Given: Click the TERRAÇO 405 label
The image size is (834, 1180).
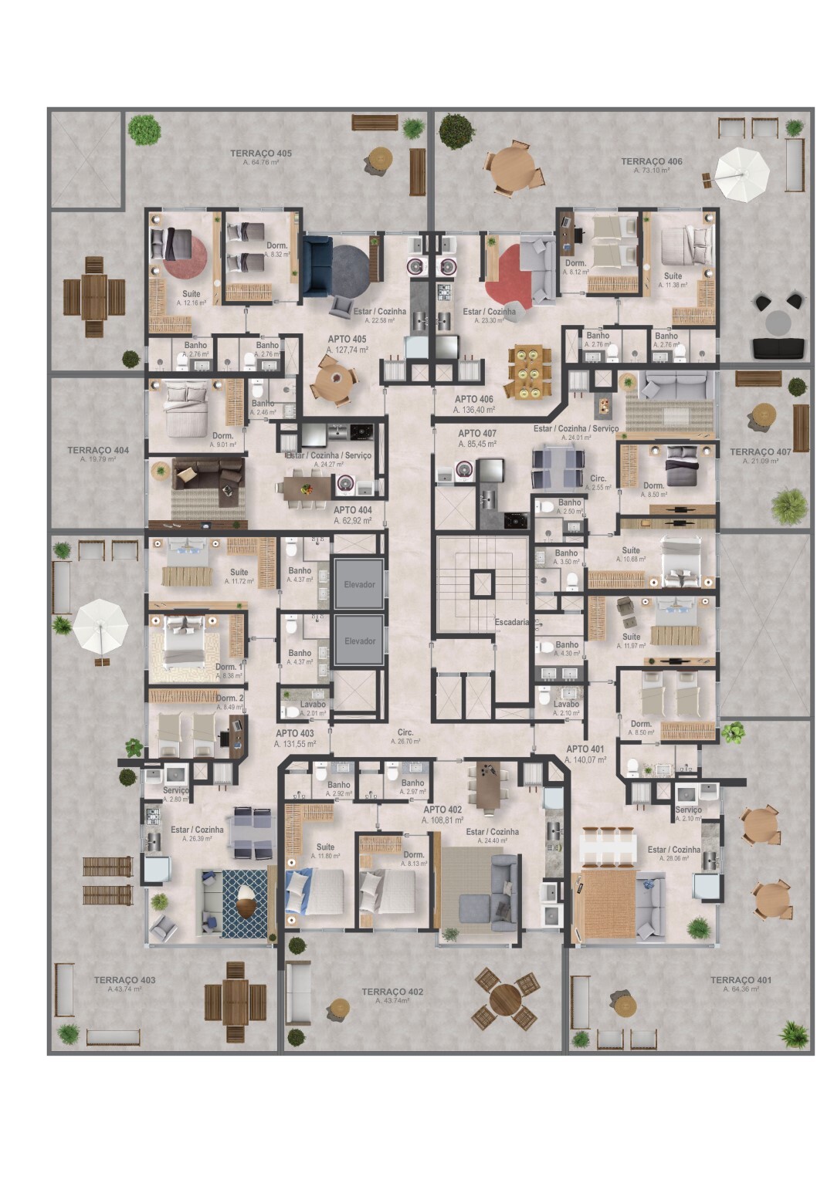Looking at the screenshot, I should [261, 154].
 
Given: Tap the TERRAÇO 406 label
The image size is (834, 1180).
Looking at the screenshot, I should [651, 162].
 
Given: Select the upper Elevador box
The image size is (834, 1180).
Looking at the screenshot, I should [359, 584].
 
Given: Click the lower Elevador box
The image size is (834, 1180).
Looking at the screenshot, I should [359, 641].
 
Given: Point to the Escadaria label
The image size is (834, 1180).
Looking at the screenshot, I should [511, 622].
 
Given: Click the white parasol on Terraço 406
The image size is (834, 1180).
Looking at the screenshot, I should [741, 174].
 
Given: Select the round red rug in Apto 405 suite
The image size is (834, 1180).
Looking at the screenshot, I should [185, 256].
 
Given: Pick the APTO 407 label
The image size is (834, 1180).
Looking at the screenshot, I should [476, 434].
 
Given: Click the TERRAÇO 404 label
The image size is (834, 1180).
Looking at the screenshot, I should [97, 451].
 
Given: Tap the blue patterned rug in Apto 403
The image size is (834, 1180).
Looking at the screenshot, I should [244, 903].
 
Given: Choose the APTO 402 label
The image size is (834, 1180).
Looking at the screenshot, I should [442, 810].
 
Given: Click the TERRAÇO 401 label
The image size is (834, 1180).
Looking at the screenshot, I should [741, 981].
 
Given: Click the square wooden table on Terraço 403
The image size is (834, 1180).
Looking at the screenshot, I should [235, 1002].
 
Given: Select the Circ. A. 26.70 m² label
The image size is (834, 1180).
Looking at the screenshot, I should [405, 733].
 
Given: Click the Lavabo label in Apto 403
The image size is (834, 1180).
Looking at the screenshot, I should [313, 705].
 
